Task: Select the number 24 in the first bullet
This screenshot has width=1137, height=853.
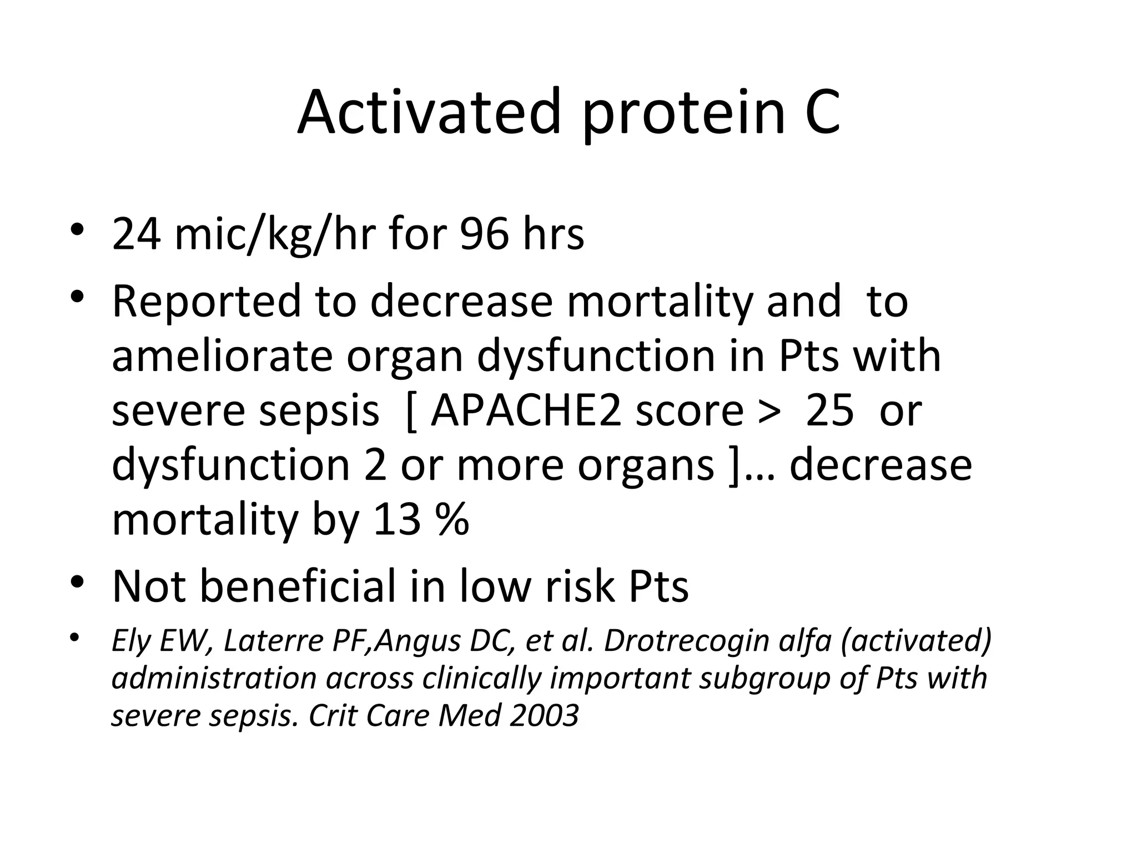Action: point(137,234)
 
